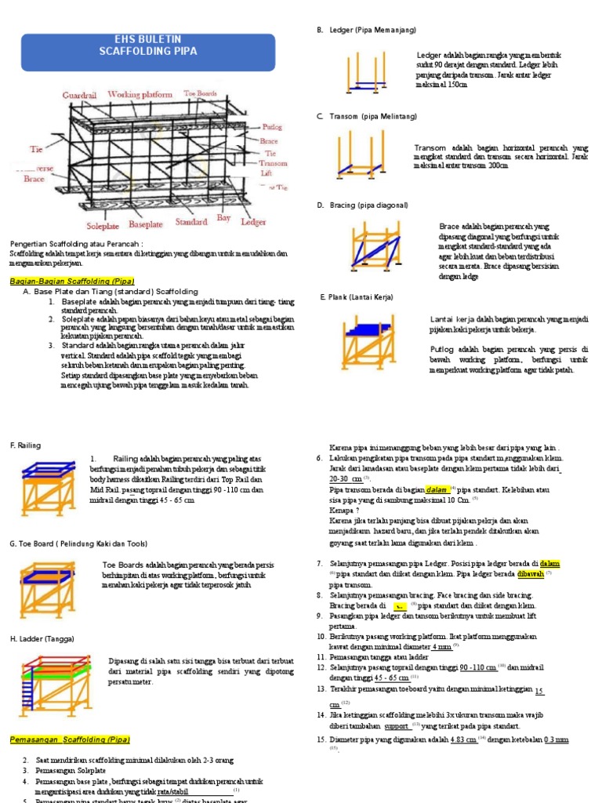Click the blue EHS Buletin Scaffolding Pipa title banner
pyautogui.click(x=148, y=45)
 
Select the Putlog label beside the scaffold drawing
pyautogui.click(x=272, y=125)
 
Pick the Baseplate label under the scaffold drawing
pyautogui.click(x=146, y=223)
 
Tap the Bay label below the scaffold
pyautogui.click(x=223, y=217)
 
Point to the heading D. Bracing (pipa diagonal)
pyautogui.click(x=362, y=205)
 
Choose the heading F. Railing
pyautogui.click(x=25, y=445)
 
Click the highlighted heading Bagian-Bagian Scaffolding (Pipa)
pyautogui.click(x=72, y=281)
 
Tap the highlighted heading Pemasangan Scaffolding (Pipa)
pyautogui.click(x=70, y=739)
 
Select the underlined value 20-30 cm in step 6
pyautogui.click(x=346, y=478)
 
